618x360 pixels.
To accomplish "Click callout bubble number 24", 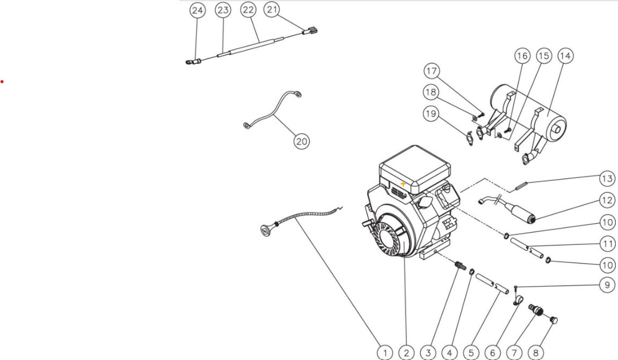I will (x=198, y=11).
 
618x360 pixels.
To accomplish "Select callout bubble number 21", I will (x=273, y=10).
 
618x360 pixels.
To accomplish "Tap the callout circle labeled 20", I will (x=302, y=141).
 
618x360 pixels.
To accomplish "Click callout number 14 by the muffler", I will (x=565, y=55).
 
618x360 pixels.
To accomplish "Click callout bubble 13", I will (x=607, y=178).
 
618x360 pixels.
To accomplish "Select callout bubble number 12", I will (x=607, y=200).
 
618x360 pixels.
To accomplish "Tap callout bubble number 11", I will (x=607, y=243).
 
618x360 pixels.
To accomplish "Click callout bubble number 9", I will (x=607, y=285).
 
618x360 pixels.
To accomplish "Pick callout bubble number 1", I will (x=385, y=352).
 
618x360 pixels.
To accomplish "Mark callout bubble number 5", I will (x=471, y=352).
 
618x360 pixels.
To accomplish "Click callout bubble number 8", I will (x=536, y=352).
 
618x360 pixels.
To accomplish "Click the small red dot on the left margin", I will (x=2, y=81).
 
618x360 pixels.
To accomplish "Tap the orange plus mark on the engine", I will (x=403, y=184).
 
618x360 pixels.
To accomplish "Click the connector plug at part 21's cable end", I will (x=312, y=31).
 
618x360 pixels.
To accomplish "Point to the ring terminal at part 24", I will (x=188, y=63).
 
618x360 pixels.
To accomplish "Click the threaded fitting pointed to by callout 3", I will (x=460, y=265).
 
